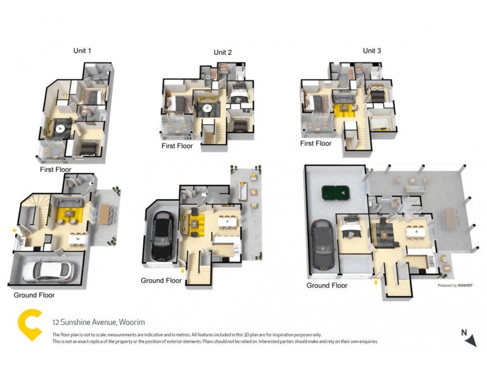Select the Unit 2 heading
pos(222,52)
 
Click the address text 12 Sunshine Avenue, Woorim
pos(98,322)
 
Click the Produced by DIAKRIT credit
pos(457,285)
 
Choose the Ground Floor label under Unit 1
pos(34,295)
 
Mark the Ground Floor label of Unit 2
pos(161,280)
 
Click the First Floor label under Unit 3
pos(315,144)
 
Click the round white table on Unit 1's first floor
pos(61,128)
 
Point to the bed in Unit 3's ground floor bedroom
pos(351,229)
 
